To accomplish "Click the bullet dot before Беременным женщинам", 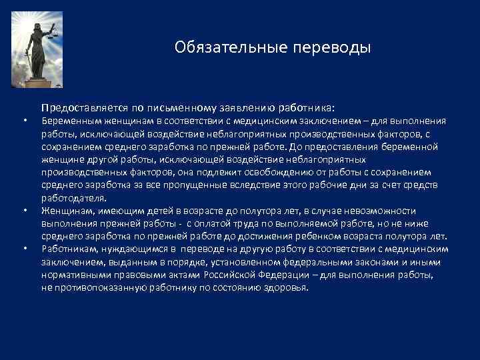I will tap(25, 121).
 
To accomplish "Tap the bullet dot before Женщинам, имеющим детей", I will tap(25, 211).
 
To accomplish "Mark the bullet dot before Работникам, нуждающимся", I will tap(25, 249).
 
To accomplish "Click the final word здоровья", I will tap(288, 287).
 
